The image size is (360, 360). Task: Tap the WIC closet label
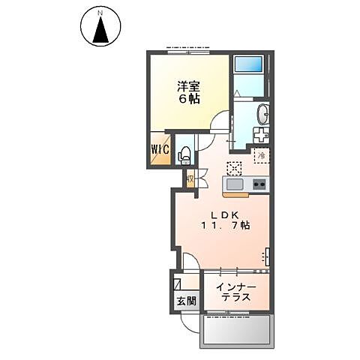[x=159, y=148]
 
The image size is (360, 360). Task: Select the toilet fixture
[x=184, y=154]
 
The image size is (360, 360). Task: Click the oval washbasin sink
[x=262, y=115]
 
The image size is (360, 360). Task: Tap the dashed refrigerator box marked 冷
[x=262, y=156]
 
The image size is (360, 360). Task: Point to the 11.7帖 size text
[x=223, y=225]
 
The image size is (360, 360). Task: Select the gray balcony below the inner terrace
[x=238, y=329]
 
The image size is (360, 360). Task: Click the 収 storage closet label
[x=190, y=178]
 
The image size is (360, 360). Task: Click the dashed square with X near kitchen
[x=235, y=168]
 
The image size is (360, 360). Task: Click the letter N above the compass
[x=98, y=10]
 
